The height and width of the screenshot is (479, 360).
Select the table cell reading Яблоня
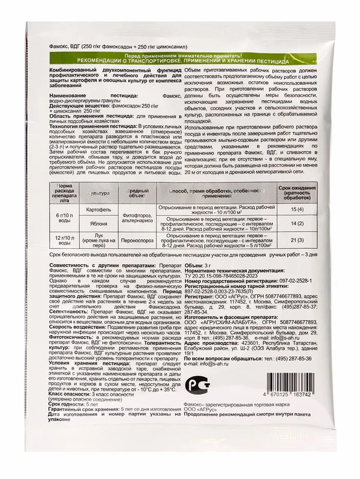point(98,225)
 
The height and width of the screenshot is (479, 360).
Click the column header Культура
point(98,193)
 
